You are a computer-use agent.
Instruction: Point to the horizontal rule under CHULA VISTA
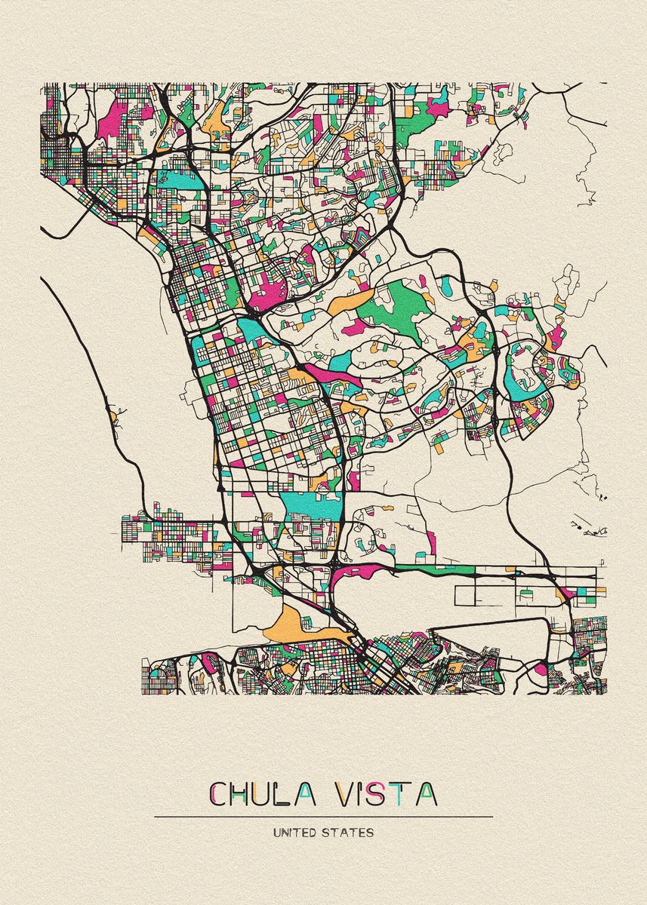[x=323, y=817]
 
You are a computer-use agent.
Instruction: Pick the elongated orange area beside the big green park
[x=350, y=301]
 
